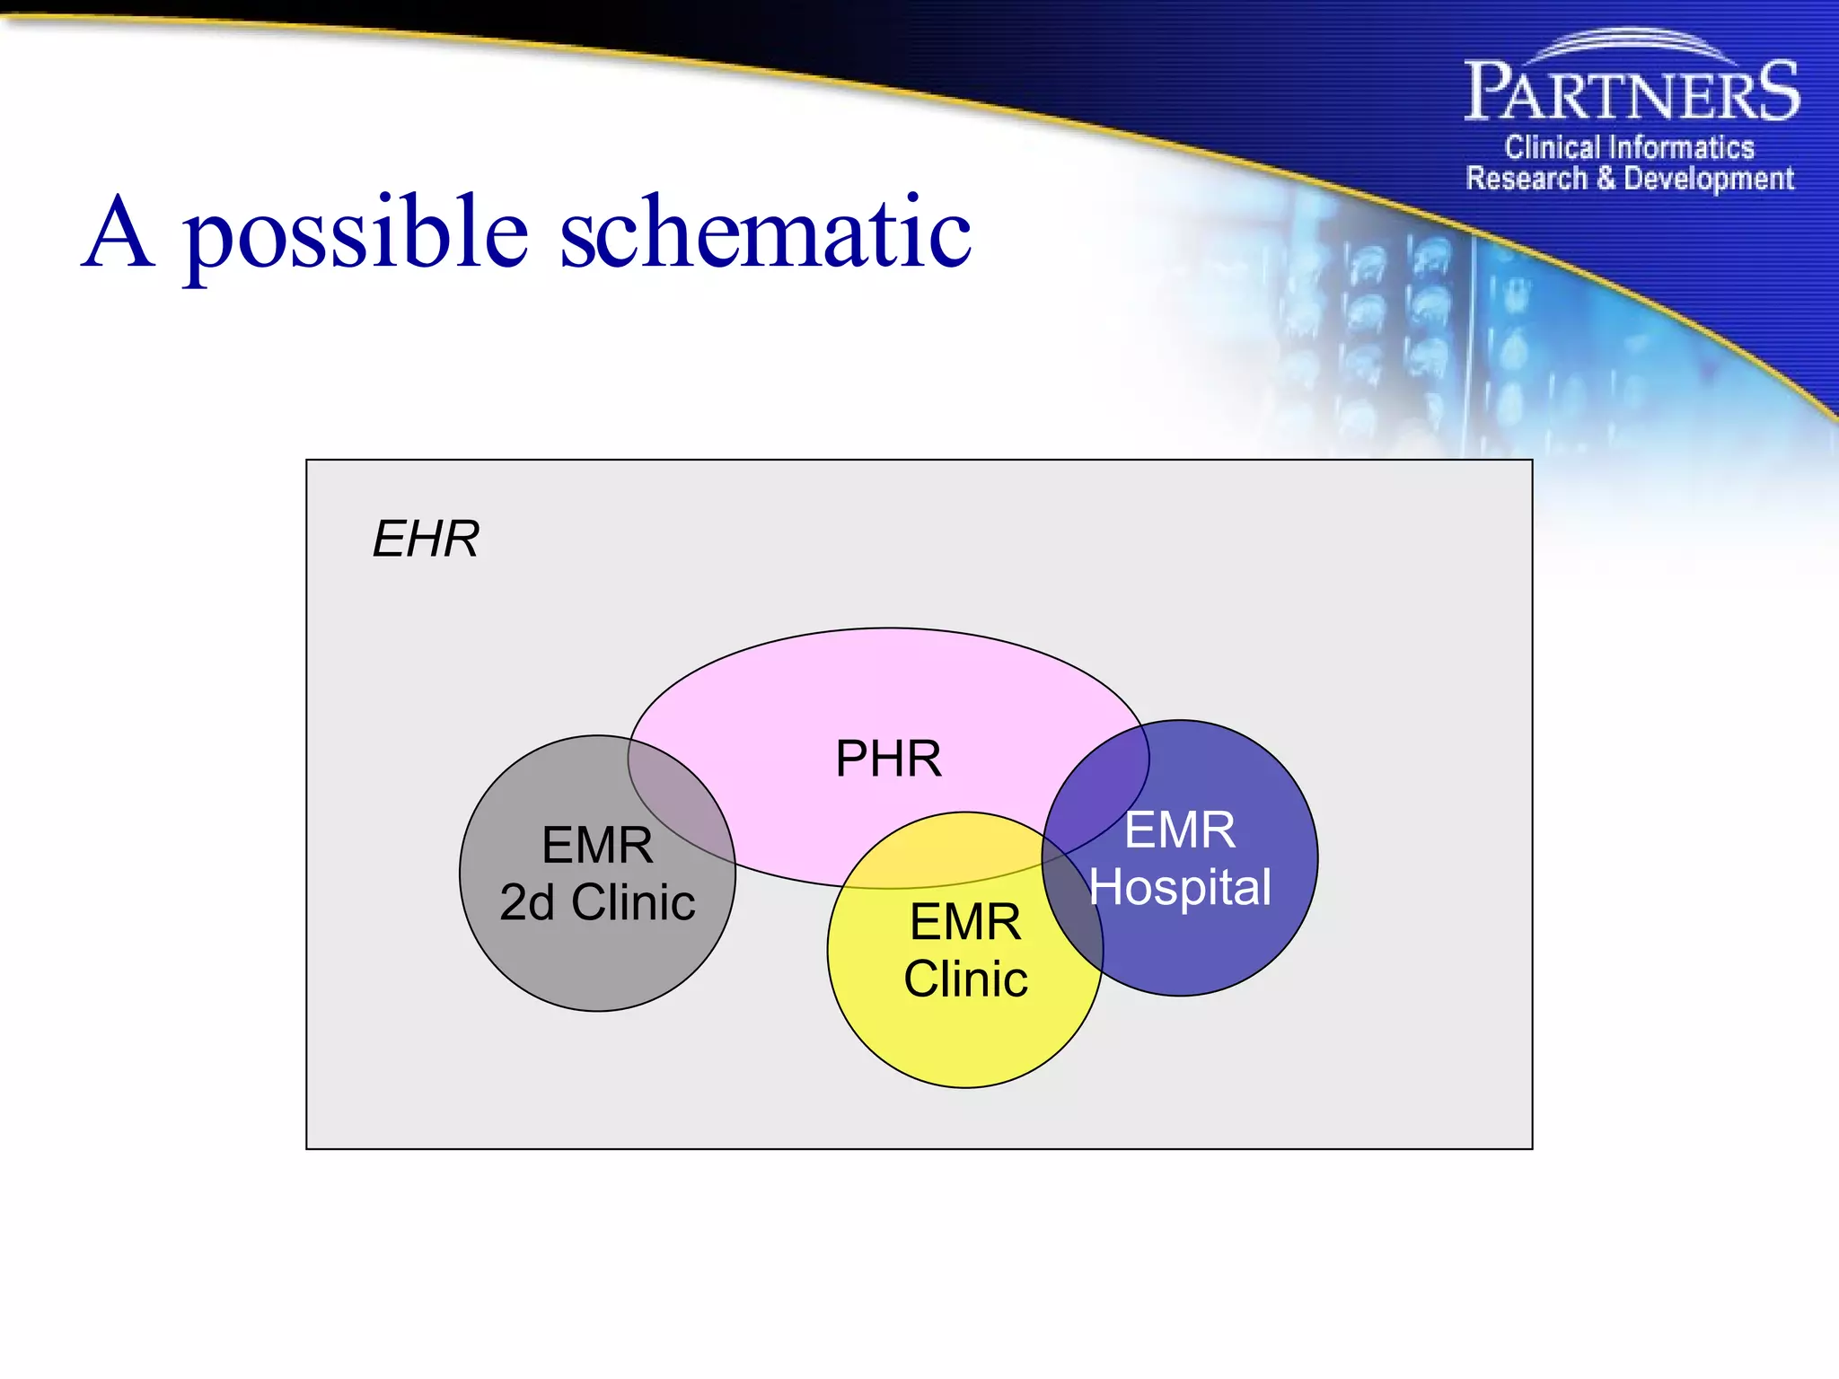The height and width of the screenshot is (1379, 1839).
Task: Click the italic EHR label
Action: pyautogui.click(x=426, y=540)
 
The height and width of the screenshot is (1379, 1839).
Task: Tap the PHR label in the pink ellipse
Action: pyautogui.click(x=888, y=759)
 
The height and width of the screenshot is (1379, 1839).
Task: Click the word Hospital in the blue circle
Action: pyautogui.click(x=1180, y=888)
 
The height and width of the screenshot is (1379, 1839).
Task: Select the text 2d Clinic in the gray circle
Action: pyautogui.click(x=597, y=903)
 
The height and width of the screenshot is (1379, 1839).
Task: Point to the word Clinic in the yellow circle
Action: pyautogui.click(x=965, y=979)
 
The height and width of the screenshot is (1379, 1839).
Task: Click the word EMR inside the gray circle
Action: pyautogui.click(x=597, y=846)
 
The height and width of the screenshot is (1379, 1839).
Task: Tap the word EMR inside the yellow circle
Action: pyautogui.click(x=965, y=922)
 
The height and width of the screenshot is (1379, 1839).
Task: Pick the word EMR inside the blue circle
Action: pyautogui.click(x=1180, y=830)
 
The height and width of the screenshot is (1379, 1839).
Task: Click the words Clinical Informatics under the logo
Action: pyautogui.click(x=1629, y=147)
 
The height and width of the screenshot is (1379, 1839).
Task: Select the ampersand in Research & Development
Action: pyautogui.click(x=1606, y=179)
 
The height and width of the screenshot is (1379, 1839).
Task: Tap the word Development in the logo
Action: pyautogui.click(x=1709, y=179)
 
